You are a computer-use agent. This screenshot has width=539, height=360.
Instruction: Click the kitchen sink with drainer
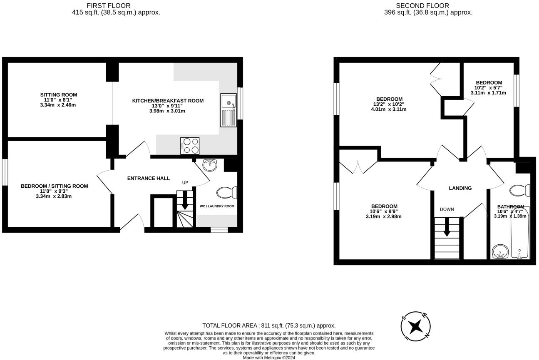tap(229, 110)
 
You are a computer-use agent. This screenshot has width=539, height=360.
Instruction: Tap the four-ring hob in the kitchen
tap(190, 146)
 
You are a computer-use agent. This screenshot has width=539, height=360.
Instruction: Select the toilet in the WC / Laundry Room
tap(227, 193)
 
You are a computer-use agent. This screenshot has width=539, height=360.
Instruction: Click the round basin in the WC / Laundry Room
tap(210, 165)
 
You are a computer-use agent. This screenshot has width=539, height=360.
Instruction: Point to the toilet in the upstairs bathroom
tap(520, 190)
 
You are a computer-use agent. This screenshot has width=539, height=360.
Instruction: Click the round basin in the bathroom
tap(500, 251)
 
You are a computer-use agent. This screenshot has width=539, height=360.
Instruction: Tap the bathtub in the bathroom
tap(520, 233)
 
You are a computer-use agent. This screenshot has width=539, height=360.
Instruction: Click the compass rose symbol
tap(415, 326)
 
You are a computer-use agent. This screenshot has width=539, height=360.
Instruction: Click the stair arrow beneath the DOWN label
tap(447, 227)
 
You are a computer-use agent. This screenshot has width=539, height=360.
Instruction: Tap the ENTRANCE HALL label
tap(149, 178)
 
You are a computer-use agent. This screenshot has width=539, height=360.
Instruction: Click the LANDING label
tap(460, 188)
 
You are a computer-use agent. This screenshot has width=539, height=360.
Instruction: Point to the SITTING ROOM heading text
tap(58, 95)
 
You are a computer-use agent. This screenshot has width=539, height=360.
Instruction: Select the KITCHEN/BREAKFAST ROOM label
tap(168, 101)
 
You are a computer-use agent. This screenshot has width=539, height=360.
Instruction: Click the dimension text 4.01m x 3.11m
tap(389, 109)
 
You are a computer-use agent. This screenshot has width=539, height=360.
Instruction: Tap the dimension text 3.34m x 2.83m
tap(54, 196)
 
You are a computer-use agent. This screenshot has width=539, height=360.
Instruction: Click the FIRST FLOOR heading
tap(109, 5)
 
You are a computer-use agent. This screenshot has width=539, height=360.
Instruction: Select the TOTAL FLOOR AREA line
tap(269, 325)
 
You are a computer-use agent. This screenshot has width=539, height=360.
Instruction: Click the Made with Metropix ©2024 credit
tap(269, 358)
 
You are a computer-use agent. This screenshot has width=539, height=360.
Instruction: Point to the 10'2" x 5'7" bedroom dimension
tap(488, 88)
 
